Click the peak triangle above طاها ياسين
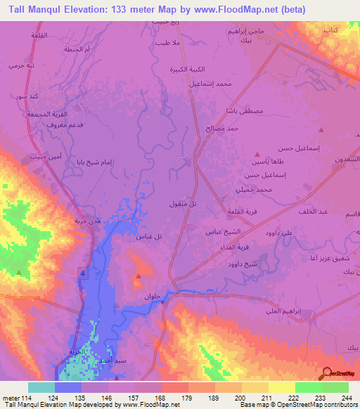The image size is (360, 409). coord(257,154)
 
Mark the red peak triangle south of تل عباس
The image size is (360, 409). coord(138,277)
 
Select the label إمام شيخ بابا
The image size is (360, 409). coord(95,162)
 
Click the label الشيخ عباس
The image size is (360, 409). coord(222,231)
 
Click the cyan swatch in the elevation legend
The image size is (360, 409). coord(41,387)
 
